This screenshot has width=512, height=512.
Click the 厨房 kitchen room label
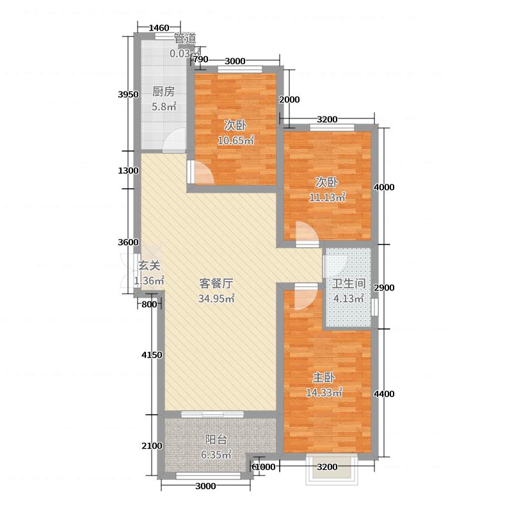coord(164,92)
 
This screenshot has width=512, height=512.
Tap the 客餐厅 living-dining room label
coord(216,284)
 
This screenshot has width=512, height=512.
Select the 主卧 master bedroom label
coord(324,378)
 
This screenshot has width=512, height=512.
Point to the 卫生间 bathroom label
coord(349,284)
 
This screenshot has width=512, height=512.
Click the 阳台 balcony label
coord(216,440)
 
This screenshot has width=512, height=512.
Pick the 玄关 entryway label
coord(149,266)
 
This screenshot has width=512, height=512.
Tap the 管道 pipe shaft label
coord(185,38)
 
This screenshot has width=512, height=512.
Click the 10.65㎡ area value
coord(236,140)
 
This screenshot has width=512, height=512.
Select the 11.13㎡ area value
coord(327,197)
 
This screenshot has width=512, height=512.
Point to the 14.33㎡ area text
coord(324,392)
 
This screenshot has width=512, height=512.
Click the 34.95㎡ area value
coord(216,298)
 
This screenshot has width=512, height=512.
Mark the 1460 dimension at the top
coord(159,28)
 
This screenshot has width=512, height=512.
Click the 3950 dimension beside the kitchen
coord(129,95)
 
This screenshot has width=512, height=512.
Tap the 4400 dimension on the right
coord(384,394)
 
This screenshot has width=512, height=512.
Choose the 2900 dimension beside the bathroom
coord(384,287)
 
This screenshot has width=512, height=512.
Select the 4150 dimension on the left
coord(152,355)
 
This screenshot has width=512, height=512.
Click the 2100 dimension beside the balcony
coord(152,445)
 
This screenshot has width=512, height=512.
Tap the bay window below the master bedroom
coord(332,469)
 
